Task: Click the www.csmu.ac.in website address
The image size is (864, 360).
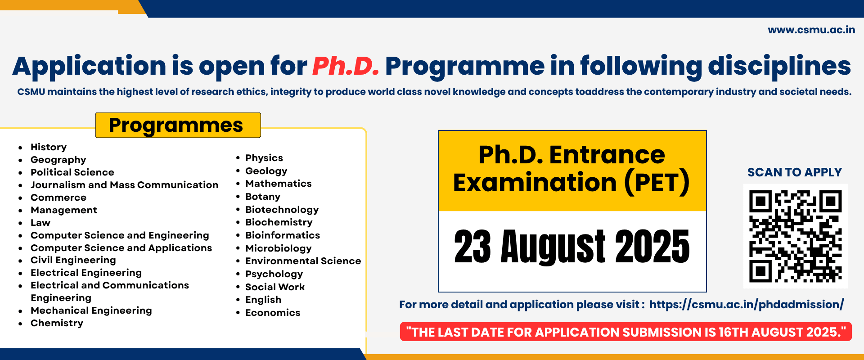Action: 811,30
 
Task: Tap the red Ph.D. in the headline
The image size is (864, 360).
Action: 346,66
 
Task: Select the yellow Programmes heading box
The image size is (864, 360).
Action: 178,125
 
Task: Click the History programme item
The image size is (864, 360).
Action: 49,147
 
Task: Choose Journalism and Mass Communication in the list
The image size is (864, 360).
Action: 124,185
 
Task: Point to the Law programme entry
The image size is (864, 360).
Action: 40,223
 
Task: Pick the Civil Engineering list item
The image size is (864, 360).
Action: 73,260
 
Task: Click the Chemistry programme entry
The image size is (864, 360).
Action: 57,323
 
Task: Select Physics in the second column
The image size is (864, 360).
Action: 264,158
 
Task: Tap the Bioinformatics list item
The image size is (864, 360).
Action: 283,235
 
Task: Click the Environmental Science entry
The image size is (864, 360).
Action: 303,261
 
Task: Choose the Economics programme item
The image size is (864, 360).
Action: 273,313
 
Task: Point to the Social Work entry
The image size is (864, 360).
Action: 275,287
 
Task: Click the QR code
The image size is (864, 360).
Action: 795,236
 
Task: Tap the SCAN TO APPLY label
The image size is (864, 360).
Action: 795,172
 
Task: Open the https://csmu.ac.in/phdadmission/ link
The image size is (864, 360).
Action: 747,305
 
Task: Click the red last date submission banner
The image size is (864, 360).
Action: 626,332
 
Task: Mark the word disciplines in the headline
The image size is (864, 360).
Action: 779,66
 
